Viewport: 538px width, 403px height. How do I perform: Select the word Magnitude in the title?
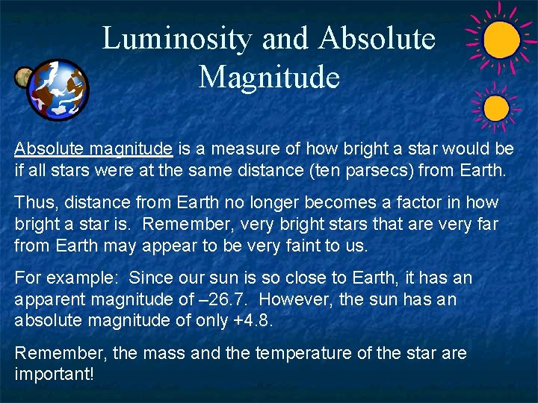(269, 77)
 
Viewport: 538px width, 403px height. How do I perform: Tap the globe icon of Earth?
(58, 90)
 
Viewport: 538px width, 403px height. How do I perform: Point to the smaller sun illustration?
(495, 109)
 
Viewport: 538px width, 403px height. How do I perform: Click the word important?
(55, 374)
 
